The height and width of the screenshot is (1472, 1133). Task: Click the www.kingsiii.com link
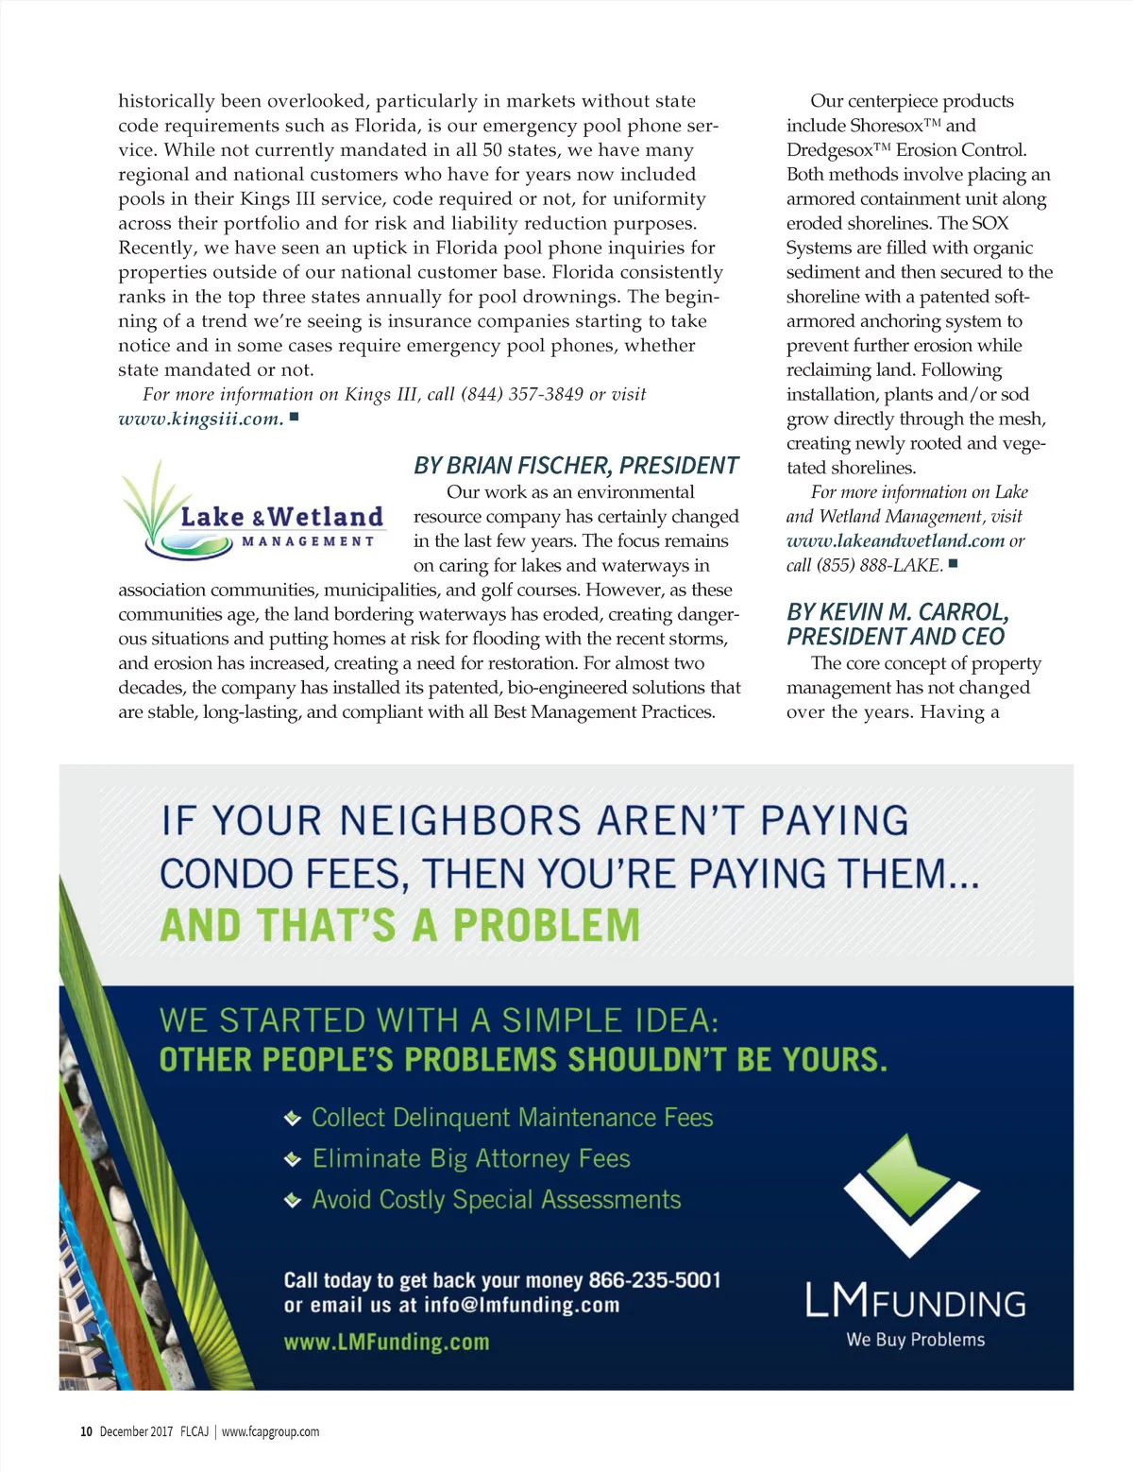[x=200, y=419]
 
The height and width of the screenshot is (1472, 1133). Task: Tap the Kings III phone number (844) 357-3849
[x=522, y=394]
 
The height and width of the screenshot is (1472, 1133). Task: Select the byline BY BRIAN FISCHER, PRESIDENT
[x=576, y=466]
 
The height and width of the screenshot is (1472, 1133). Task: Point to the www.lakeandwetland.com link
[x=895, y=540]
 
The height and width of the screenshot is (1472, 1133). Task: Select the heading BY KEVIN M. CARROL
[x=898, y=612]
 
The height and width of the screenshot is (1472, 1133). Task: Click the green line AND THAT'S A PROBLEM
[x=399, y=926]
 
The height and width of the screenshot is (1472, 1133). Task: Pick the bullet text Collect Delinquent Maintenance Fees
[x=512, y=1118]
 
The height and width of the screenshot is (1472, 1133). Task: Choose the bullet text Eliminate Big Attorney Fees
[x=471, y=1158]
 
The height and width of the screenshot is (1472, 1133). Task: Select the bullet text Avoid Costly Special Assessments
[x=496, y=1200]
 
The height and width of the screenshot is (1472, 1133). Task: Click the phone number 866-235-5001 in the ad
[x=654, y=1280]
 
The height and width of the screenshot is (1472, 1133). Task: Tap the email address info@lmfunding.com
[x=521, y=1306]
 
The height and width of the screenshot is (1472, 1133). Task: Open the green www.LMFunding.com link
[x=386, y=1342]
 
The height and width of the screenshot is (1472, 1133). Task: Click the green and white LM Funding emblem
[x=911, y=1194]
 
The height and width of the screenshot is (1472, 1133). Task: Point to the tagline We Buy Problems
[x=915, y=1340]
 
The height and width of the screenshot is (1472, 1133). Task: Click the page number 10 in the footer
[x=86, y=1431]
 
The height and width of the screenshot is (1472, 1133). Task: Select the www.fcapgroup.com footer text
[x=270, y=1431]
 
